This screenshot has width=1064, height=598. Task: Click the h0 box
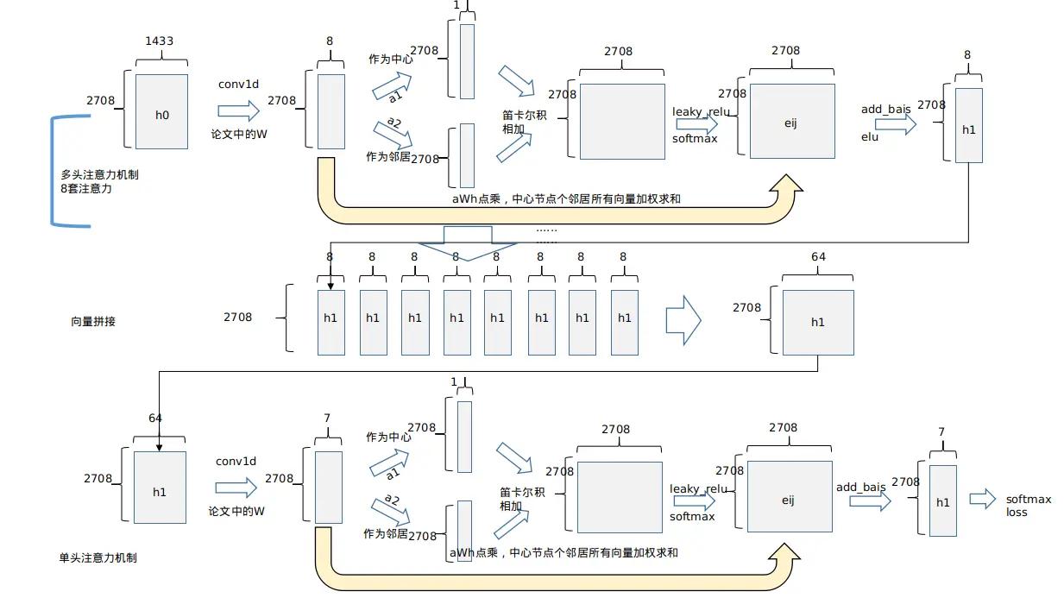tap(161, 111)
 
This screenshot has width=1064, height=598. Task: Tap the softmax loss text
tap(1028, 506)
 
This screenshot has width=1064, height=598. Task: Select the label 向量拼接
tap(93, 321)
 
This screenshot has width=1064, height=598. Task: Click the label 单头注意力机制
tap(98, 557)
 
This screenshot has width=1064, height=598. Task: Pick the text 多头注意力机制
tap(99, 174)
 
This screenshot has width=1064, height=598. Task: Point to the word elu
tap(870, 136)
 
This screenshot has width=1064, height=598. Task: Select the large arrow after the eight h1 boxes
tap(683, 321)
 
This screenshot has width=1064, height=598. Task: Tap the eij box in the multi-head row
tap(791, 122)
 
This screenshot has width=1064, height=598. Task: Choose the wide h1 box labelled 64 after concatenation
tap(817, 322)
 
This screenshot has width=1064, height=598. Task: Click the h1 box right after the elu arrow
tap(968, 125)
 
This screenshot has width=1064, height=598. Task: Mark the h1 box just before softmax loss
tap(942, 500)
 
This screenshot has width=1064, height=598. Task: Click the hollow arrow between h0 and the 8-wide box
tap(238, 110)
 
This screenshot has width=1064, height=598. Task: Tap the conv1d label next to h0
tap(237, 85)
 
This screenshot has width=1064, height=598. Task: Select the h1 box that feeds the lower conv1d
tap(160, 488)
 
